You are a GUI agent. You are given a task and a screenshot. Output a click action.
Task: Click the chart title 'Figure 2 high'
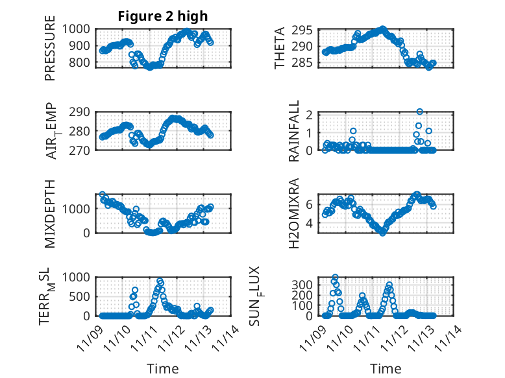[x=163, y=16]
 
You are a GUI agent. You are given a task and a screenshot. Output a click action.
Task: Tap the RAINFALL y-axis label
[x=294, y=131]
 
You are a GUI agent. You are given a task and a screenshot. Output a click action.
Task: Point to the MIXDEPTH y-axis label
[x=50, y=213]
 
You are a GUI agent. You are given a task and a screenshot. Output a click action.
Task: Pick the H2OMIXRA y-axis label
[x=294, y=213]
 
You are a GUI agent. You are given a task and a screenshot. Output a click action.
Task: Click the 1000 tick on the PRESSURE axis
[x=80, y=29]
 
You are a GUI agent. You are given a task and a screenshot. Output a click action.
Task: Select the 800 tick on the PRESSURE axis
[x=84, y=63]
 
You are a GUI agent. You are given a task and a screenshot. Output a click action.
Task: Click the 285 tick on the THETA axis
[x=306, y=63]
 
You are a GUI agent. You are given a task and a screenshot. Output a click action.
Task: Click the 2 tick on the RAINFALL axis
[x=310, y=115]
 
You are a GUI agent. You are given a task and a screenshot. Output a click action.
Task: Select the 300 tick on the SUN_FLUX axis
[x=304, y=284]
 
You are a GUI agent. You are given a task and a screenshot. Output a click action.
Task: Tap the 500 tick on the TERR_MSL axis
[x=84, y=296]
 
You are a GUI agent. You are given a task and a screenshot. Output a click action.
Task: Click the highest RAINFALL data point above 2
[x=420, y=112]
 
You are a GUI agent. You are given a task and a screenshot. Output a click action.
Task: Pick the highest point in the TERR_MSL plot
[x=160, y=281]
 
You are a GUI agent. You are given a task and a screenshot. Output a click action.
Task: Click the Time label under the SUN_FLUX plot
[x=386, y=368]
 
